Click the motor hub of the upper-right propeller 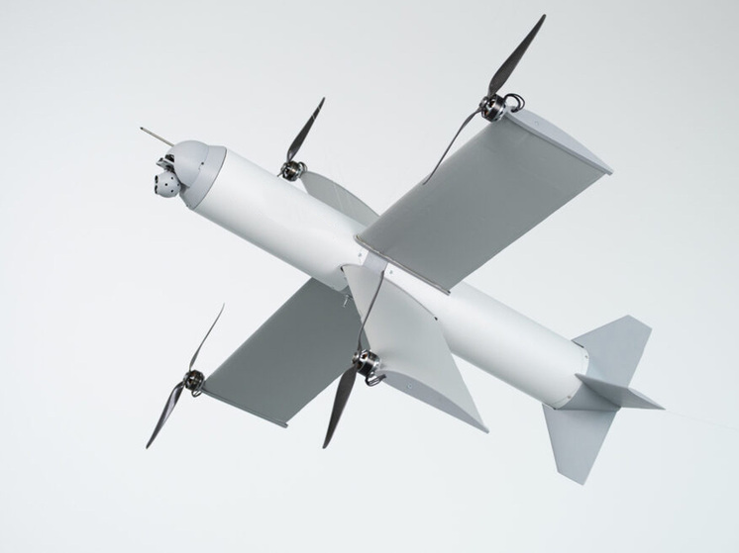[493, 105]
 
